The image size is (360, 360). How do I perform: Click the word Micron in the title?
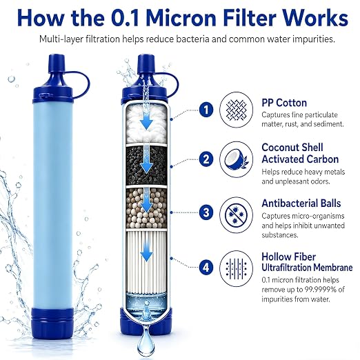182,17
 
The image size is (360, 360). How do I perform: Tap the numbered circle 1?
206,110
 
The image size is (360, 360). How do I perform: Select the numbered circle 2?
206,159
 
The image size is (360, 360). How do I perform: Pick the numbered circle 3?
206,212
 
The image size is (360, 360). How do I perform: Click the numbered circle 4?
206,268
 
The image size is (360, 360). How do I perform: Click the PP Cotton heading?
284,103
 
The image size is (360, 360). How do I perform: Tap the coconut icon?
237,159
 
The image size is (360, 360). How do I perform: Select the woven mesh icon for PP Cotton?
237,110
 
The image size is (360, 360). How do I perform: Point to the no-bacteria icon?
237,214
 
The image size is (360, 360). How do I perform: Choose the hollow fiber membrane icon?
237,268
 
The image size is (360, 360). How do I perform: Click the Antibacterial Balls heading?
301,203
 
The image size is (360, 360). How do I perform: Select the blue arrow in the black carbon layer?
147,163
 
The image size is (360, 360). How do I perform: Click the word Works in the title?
314,17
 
